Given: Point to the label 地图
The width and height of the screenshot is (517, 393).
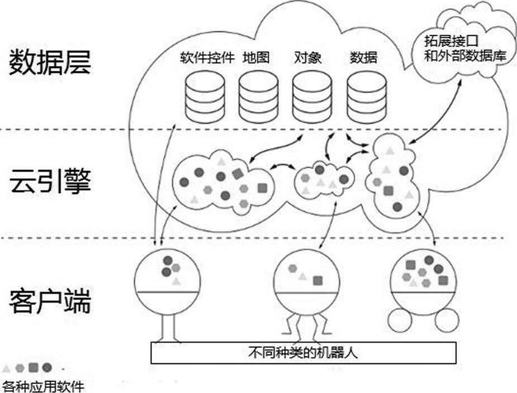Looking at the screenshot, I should (256, 58).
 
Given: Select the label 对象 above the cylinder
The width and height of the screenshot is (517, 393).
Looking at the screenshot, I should (307, 58).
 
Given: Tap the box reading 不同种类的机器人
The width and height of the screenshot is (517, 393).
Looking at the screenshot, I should (304, 353).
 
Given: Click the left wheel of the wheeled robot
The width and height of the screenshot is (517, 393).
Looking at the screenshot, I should (399, 321).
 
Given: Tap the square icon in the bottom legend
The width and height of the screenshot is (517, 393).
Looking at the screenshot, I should (34, 367).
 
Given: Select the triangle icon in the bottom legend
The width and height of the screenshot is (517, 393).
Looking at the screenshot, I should (7, 368).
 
